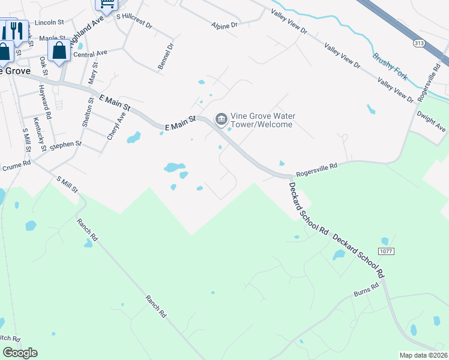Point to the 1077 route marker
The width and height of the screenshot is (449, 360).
pos(386,251)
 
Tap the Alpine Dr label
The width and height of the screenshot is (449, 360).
pos(224,25)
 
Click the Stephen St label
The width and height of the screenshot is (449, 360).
pos(65,145)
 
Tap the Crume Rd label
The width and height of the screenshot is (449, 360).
pos(16,166)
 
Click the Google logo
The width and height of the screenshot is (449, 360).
pos(20,353)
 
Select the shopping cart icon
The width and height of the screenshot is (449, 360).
pos(106,5)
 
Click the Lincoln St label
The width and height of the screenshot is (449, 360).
pos(49,22)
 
